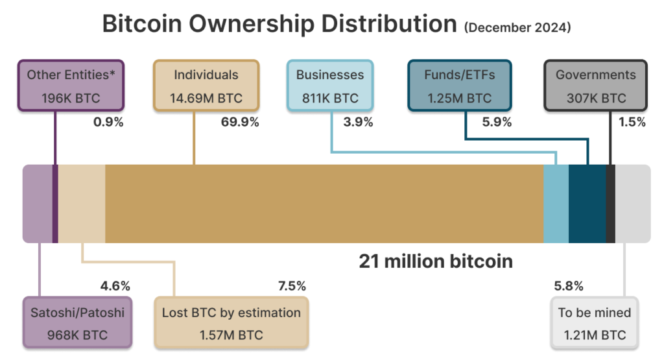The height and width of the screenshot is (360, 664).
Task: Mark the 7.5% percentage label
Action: pyautogui.click(x=291, y=286)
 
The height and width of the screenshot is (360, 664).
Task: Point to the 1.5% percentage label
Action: pyautogui.click(x=632, y=122)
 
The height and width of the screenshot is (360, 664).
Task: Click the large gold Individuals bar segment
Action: pyautogui.click(x=324, y=204)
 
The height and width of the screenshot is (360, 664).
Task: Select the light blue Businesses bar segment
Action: pyautogui.click(x=556, y=204)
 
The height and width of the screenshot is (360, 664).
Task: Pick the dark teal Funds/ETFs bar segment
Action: pyautogui.click(x=587, y=204)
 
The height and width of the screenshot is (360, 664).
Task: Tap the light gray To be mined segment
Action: pyautogui.click(x=632, y=204)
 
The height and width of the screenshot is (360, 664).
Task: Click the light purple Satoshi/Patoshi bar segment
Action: pyautogui.click(x=37, y=204)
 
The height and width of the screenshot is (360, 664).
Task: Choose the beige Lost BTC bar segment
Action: pyautogui.click(x=82, y=204)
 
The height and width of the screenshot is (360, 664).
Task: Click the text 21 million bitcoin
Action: pyautogui.click(x=436, y=261)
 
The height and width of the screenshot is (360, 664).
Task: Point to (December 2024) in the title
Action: pyautogui.click(x=517, y=28)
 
